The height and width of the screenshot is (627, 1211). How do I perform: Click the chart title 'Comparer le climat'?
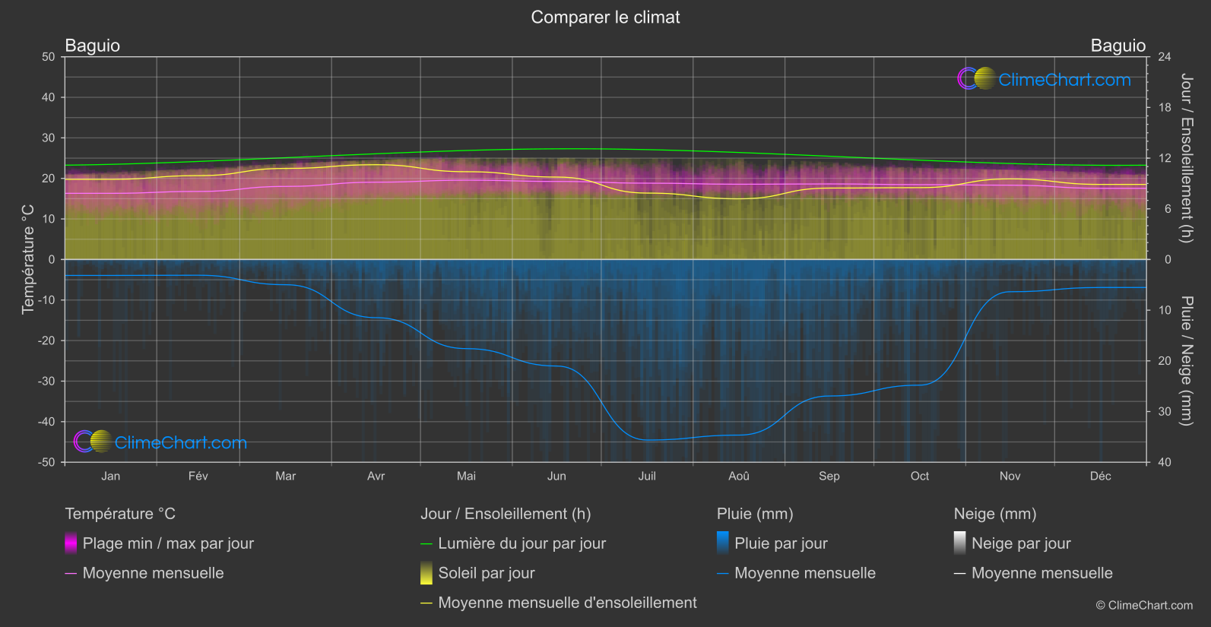(605, 17)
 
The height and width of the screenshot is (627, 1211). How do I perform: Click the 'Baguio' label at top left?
(93, 46)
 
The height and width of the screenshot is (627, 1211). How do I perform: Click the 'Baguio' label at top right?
(1117, 46)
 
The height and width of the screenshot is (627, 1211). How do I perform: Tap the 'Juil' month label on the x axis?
(647, 477)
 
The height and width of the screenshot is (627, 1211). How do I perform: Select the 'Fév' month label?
(198, 477)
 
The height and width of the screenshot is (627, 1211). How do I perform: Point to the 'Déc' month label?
(1100, 477)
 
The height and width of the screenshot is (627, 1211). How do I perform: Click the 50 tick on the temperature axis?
(49, 57)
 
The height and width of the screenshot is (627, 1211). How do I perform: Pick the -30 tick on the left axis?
(46, 382)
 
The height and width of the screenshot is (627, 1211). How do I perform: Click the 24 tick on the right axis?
(1165, 57)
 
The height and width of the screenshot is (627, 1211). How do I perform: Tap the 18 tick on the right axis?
(1165, 108)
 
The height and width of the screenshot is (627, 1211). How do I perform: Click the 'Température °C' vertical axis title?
(28, 259)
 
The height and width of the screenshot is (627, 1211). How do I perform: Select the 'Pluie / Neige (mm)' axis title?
(1186, 361)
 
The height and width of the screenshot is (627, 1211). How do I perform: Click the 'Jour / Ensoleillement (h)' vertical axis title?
(1186, 158)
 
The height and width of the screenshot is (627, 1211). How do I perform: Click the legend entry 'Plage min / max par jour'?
(168, 543)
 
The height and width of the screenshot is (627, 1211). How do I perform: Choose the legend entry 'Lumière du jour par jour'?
(521, 543)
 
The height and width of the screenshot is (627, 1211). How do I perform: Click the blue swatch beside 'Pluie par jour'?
(723, 543)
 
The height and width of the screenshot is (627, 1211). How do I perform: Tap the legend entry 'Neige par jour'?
(1021, 543)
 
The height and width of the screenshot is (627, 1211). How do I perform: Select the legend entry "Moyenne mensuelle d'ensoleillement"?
(567, 603)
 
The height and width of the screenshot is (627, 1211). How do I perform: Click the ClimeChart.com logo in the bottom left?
(160, 442)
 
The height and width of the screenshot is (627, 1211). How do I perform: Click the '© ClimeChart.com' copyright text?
(1144, 606)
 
